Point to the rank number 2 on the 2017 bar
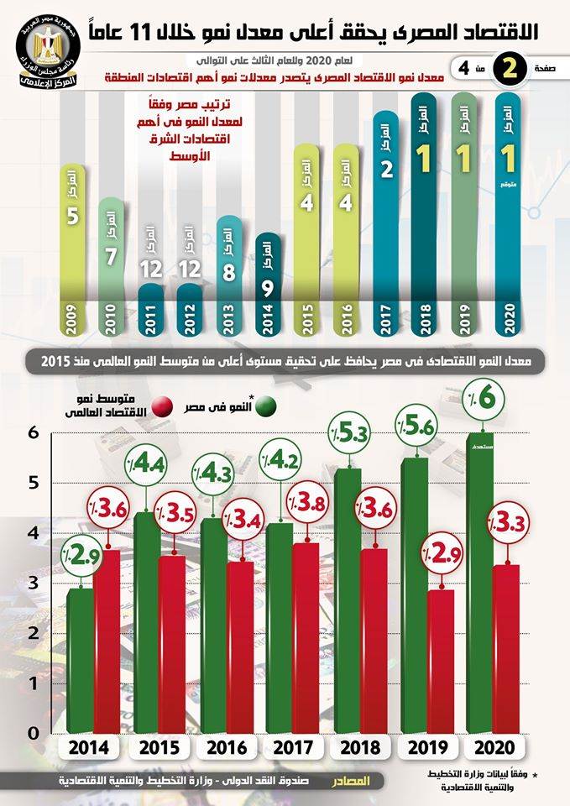[x=386, y=168]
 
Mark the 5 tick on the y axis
[x=33, y=482]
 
